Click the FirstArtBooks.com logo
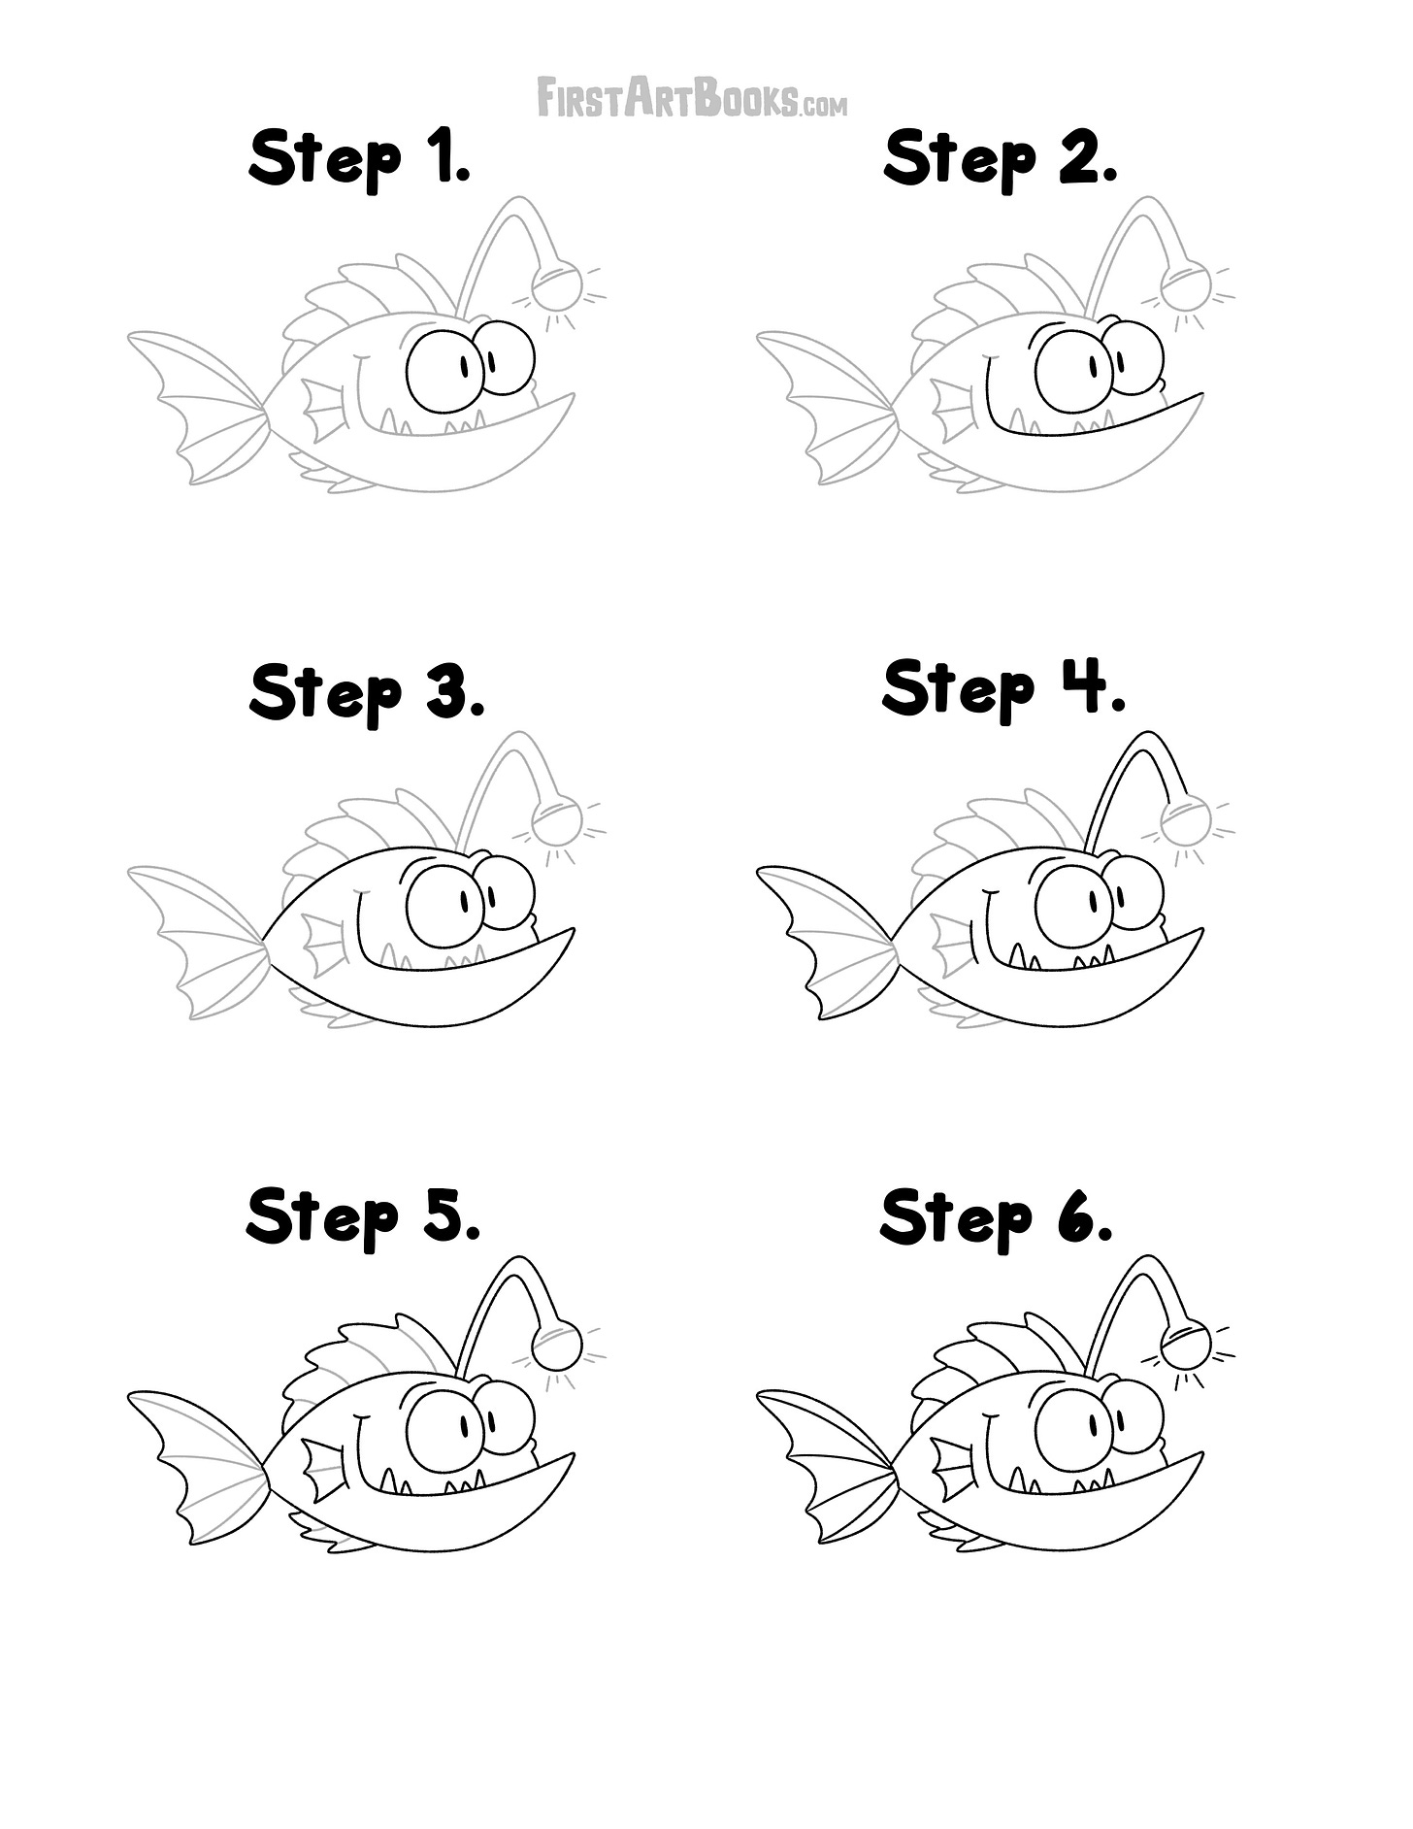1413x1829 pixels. [x=692, y=99]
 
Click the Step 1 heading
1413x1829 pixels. [x=360, y=160]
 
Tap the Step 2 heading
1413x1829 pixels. [x=1001, y=160]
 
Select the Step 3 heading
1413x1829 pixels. [x=366, y=693]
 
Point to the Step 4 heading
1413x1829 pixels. [x=1003, y=688]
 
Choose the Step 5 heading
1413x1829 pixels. [x=363, y=1217]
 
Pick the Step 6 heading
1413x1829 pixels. [x=997, y=1217]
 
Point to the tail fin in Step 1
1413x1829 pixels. [x=198, y=407]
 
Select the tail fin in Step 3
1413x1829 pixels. [x=198, y=943]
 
